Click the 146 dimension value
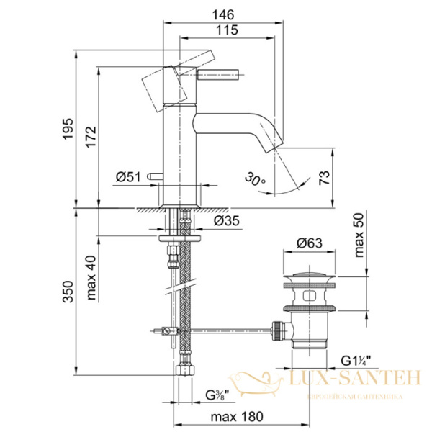click(x=227, y=13)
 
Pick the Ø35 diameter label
click(x=225, y=221)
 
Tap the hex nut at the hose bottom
click(x=184, y=372)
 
